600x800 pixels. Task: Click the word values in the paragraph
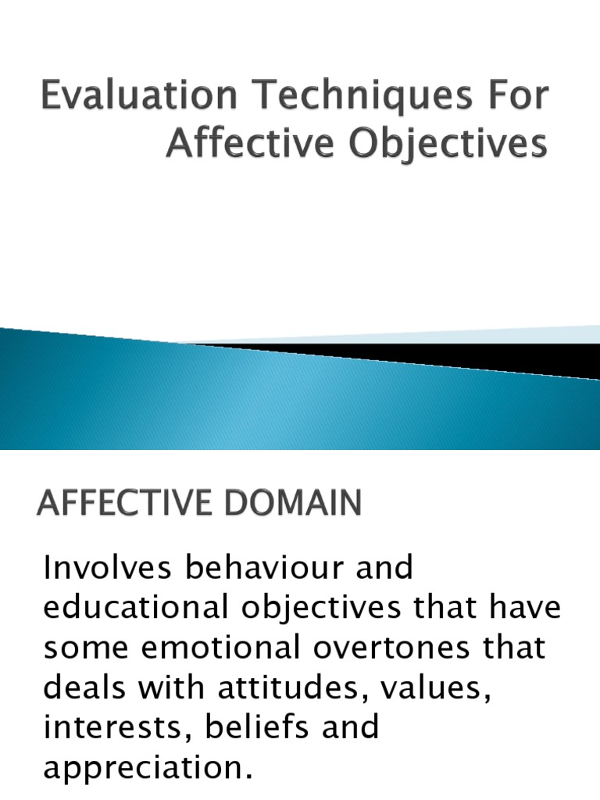coord(437,688)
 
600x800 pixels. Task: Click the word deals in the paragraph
coord(81,688)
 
